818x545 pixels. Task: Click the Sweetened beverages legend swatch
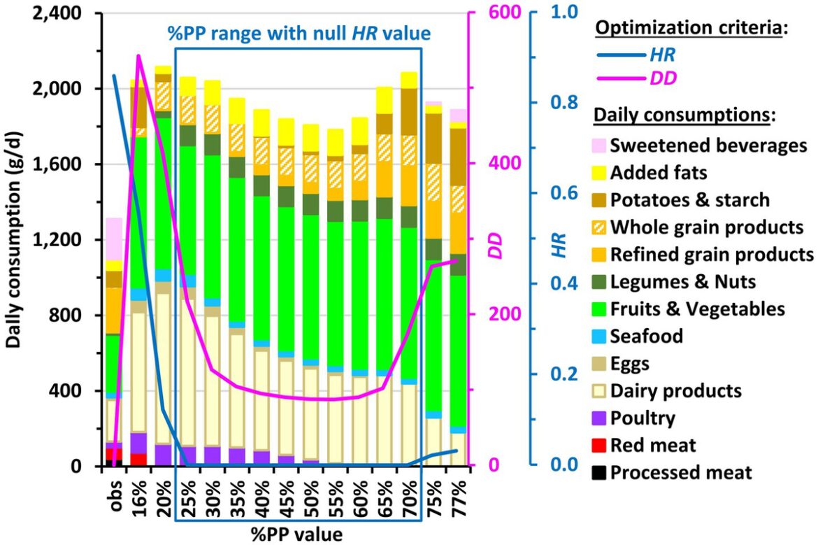tap(599, 146)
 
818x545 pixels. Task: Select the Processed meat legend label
tap(681, 472)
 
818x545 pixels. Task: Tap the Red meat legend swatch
tap(599, 445)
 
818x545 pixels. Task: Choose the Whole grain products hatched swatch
tap(599, 227)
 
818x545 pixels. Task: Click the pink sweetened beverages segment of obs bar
tap(114, 239)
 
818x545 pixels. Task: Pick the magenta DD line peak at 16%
tap(138, 55)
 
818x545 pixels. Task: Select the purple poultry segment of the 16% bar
tap(138, 443)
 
